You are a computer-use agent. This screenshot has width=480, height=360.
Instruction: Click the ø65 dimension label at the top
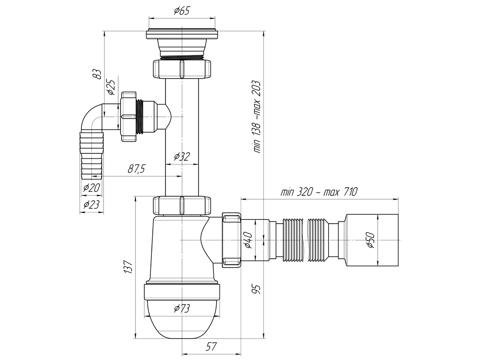click(182, 11)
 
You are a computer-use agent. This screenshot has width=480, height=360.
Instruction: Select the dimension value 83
click(97, 74)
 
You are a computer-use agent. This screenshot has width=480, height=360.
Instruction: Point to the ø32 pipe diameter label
click(182, 157)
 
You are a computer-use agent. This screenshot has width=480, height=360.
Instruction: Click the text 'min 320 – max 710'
click(319, 191)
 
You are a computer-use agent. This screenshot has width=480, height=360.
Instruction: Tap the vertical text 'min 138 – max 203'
click(257, 116)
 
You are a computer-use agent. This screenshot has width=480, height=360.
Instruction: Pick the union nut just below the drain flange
click(182, 69)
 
